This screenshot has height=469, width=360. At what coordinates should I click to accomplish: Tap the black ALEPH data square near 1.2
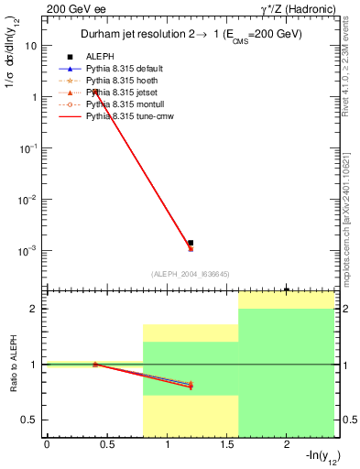pos(191,243)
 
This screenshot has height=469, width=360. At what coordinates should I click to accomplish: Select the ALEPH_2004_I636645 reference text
pos(190,273)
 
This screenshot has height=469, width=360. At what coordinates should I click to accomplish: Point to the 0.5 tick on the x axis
pos(106,446)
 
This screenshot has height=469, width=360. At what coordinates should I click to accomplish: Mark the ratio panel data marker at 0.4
pos(94,364)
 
